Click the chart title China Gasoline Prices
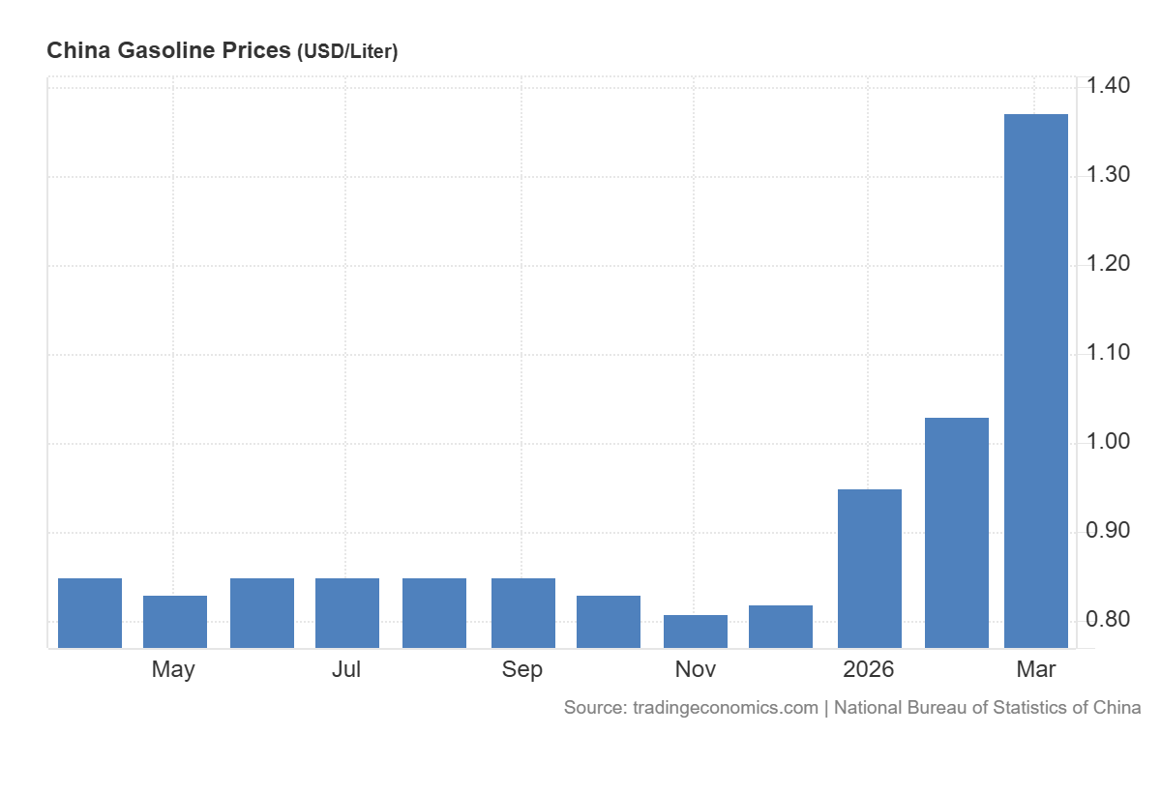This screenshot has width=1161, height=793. [168, 51]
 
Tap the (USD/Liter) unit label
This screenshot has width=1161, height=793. [347, 52]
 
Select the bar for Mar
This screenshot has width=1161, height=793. [1036, 381]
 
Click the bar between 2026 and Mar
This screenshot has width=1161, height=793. [956, 533]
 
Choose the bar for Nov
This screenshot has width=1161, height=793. [695, 631]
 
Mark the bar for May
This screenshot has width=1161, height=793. [174, 622]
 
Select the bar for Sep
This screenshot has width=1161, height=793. [522, 613]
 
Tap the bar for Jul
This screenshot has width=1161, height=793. [346, 613]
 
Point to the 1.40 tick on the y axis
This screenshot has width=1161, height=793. [1107, 86]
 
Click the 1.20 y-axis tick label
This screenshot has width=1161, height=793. [1107, 264]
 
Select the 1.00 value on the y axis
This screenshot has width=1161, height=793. [1107, 442]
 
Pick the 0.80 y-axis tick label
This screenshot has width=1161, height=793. [1107, 620]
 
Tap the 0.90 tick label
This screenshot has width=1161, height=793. [1107, 531]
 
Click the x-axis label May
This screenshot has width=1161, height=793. [173, 669]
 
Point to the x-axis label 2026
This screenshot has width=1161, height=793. [869, 669]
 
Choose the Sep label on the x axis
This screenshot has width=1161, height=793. [522, 669]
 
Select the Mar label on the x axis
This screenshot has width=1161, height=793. [1036, 669]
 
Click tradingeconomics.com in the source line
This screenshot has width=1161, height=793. [725, 708]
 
